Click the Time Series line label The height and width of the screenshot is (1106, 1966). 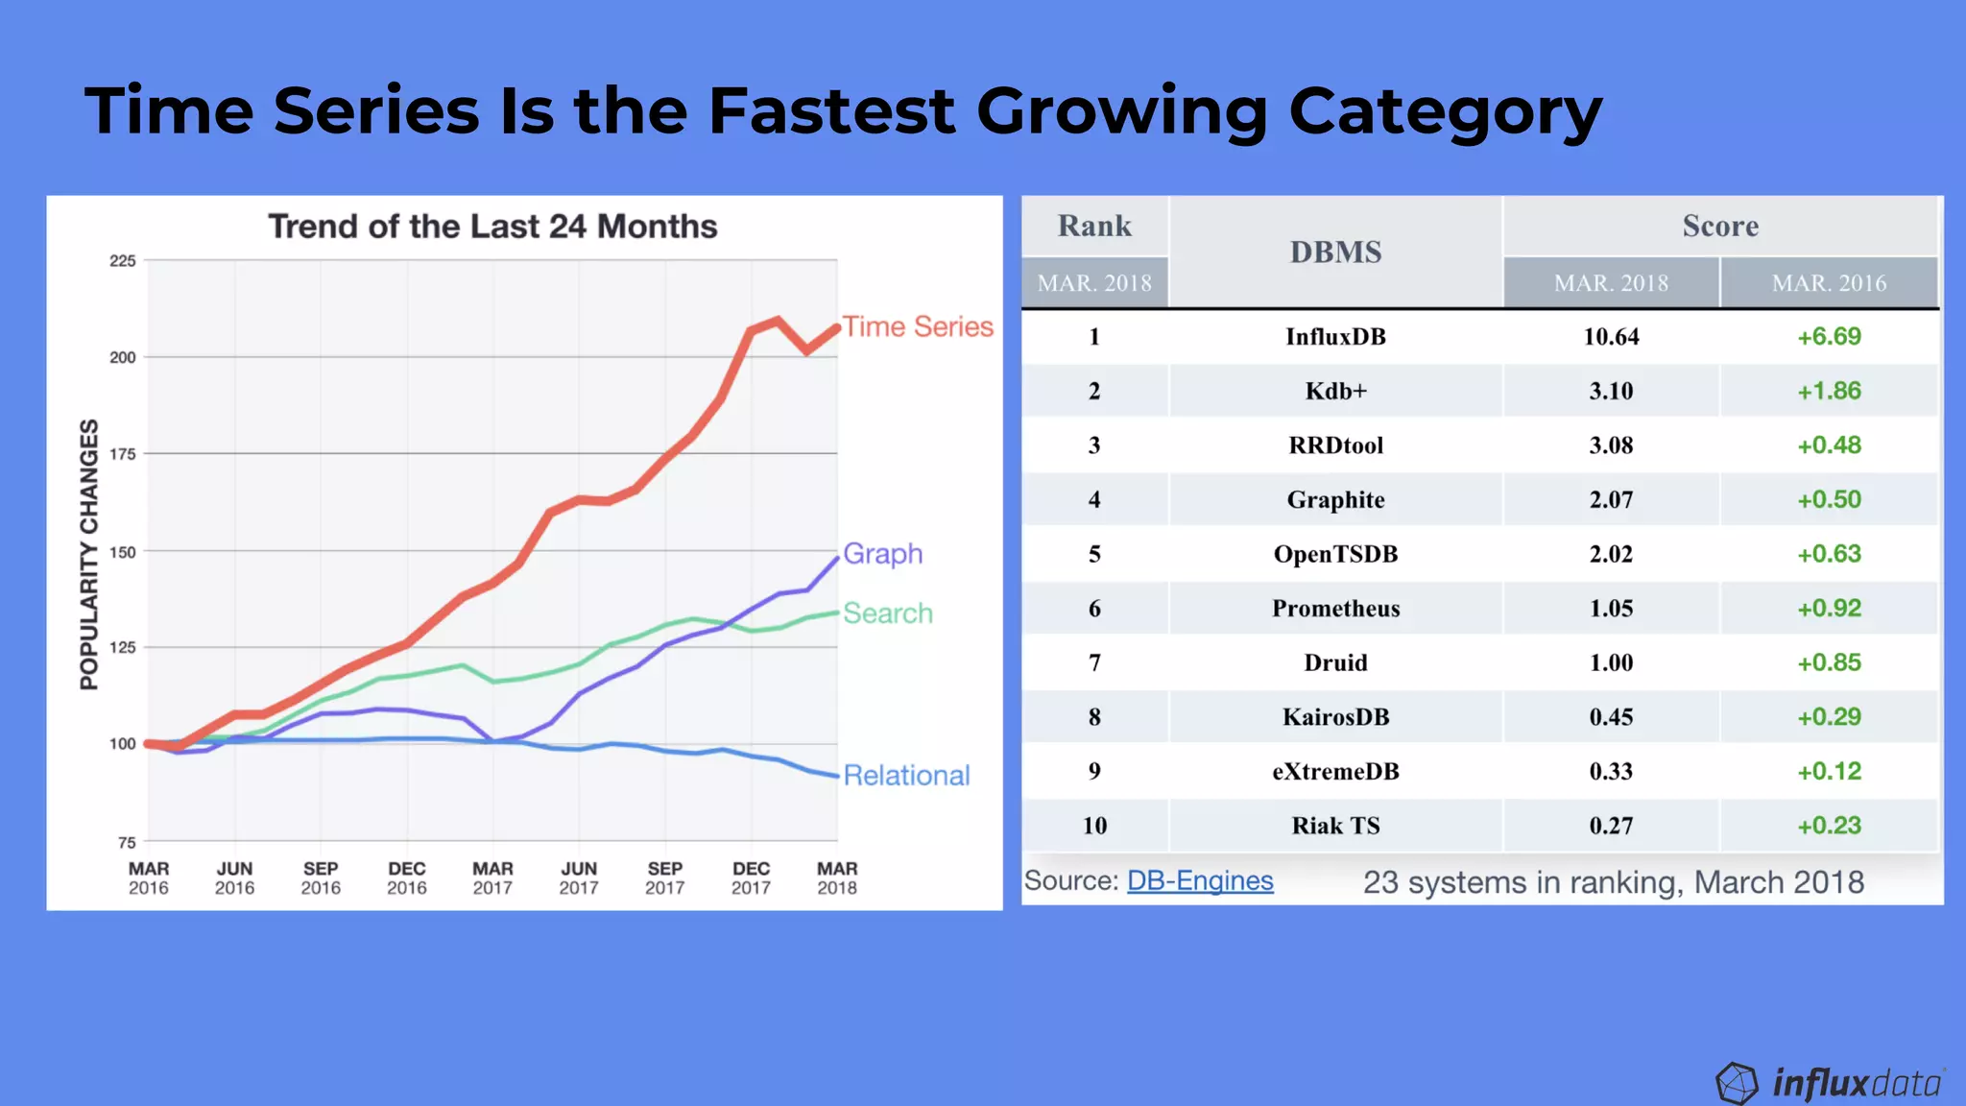click(x=917, y=327)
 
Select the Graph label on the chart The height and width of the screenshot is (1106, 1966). click(x=882, y=554)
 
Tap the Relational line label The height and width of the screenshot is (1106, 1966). click(x=906, y=776)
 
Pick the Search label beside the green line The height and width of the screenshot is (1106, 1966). click(x=887, y=613)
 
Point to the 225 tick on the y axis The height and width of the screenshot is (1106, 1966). click(x=123, y=261)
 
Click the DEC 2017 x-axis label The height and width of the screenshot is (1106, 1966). click(x=751, y=878)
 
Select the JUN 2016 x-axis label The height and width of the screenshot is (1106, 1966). click(x=234, y=878)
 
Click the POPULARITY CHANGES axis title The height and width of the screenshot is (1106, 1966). click(x=89, y=554)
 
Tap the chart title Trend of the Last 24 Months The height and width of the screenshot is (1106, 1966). click(x=492, y=227)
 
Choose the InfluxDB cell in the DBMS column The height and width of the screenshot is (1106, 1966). click(x=1335, y=337)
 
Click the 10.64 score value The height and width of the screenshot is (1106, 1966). click(x=1611, y=337)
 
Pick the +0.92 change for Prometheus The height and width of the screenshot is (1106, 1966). click(x=1829, y=609)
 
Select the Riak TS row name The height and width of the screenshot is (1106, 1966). click(x=1335, y=826)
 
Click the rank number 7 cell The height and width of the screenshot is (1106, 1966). click(x=1094, y=662)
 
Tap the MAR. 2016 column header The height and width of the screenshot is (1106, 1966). click(x=1829, y=283)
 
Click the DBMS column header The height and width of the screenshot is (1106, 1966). click(x=1335, y=252)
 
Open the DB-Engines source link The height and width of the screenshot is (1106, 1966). click(x=1200, y=880)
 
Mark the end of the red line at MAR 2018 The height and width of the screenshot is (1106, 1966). click(x=837, y=328)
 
